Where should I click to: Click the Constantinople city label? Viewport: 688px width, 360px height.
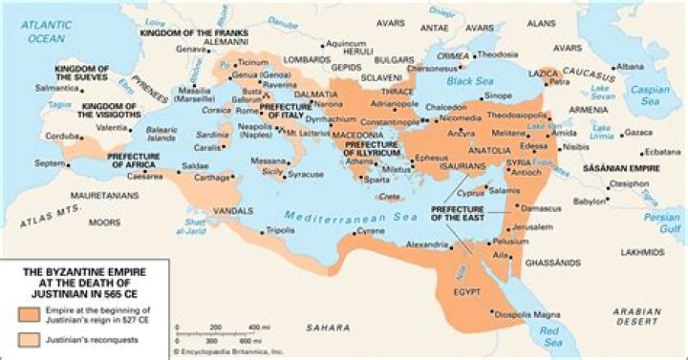point(388,124)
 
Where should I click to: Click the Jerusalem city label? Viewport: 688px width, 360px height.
point(533,227)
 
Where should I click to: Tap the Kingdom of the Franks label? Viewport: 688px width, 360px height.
point(189,32)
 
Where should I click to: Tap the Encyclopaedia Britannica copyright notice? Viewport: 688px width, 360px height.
point(227,352)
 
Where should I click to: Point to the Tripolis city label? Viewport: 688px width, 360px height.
point(280,230)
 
